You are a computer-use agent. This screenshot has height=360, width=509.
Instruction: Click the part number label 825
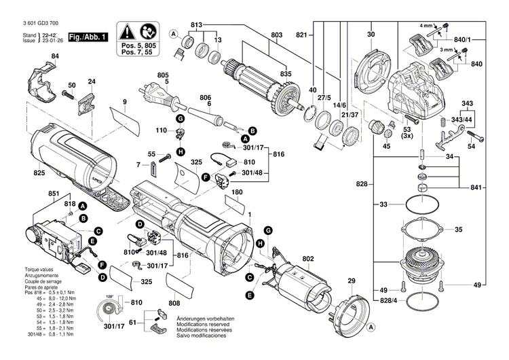pyautogui.click(x=20, y=175)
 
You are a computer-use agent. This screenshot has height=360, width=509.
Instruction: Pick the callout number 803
pyautogui.click(x=276, y=35)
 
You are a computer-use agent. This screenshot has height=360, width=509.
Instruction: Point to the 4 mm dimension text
pyautogui.click(x=426, y=25)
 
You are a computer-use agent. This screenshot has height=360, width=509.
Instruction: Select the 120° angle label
pyautogui.click(x=108, y=297)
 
